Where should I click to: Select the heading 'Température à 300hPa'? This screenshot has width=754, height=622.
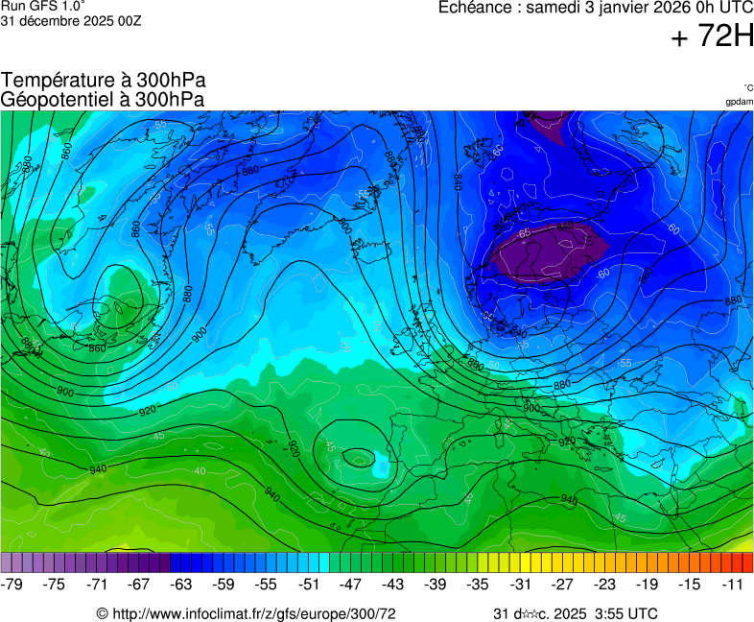pyautogui.click(x=103, y=82)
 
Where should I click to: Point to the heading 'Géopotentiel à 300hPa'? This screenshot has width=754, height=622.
pyautogui.click(x=103, y=100)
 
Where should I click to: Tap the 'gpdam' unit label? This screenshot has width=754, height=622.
pyautogui.click(x=739, y=101)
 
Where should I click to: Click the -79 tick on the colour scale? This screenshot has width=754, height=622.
pyautogui.click(x=12, y=584)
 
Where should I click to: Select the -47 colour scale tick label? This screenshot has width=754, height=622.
pyautogui.click(x=351, y=584)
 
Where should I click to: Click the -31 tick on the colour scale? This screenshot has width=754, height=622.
pyautogui.click(x=520, y=584)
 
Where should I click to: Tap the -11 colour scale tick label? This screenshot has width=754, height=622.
pyautogui.click(x=732, y=584)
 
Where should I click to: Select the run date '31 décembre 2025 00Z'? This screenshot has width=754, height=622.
pyautogui.click(x=71, y=21)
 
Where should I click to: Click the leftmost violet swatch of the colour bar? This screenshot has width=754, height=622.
pyautogui.click(x=7, y=562)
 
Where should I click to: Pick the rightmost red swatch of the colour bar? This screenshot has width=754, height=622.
pyautogui.click(x=747, y=562)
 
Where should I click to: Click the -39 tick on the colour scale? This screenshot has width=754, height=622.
pyautogui.click(x=436, y=584)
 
